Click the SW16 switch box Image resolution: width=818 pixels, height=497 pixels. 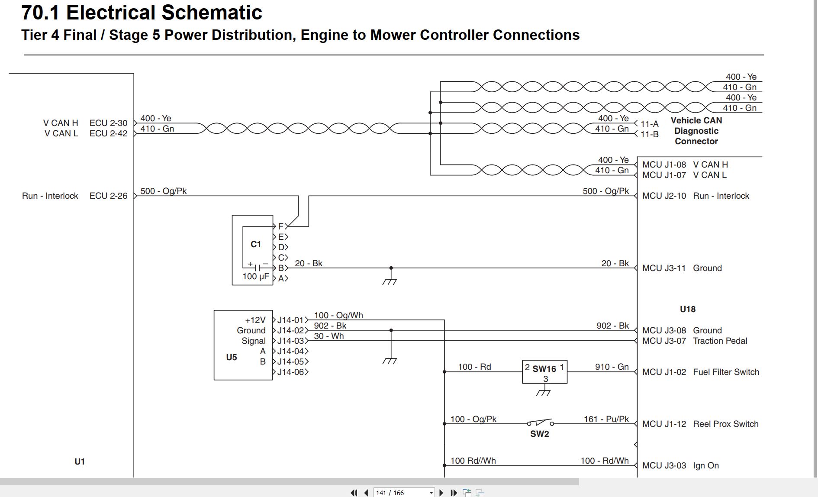(x=544, y=371)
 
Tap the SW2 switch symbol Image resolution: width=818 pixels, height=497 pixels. (x=540, y=423)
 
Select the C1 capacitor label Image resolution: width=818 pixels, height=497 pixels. (x=256, y=244)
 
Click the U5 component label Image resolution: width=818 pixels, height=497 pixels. (x=232, y=357)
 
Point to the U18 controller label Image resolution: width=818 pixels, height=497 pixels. (x=688, y=309)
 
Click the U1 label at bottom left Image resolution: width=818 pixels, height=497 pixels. (x=80, y=461)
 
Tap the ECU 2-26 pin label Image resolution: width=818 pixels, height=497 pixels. (x=108, y=196)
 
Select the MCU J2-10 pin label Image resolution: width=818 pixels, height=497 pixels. (x=664, y=196)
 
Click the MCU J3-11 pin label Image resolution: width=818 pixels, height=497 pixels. (x=664, y=268)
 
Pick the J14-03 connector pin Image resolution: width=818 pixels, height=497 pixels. (x=290, y=341)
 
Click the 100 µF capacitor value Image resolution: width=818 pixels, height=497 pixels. (x=256, y=276)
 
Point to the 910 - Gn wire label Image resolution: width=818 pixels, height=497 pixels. (x=612, y=367)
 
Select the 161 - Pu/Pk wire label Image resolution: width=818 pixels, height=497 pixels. (x=606, y=419)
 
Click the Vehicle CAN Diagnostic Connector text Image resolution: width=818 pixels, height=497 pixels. (x=696, y=131)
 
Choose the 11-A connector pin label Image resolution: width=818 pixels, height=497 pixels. (x=649, y=124)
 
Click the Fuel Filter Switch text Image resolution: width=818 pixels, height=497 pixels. (x=726, y=372)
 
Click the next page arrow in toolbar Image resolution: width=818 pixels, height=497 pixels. (x=441, y=493)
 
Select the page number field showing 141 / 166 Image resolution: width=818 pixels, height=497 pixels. (x=404, y=493)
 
